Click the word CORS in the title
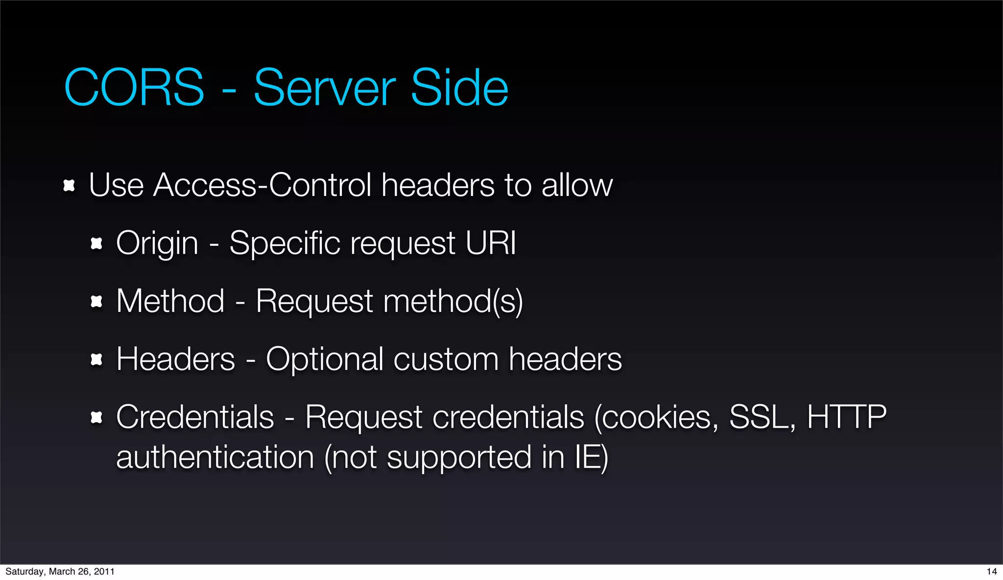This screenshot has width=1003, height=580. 134,88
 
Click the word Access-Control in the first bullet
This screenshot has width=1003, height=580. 263,185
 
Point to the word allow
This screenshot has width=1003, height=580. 577,185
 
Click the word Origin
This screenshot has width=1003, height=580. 157,243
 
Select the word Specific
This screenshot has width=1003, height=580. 285,243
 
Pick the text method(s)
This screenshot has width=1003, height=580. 453,301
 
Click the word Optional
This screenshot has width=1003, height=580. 324,359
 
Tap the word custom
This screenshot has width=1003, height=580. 446,359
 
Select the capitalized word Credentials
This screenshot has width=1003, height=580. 195,417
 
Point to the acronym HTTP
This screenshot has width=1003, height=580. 847,417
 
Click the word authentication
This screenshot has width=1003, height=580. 215,457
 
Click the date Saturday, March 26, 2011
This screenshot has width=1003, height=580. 60,571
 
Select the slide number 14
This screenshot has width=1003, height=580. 991,571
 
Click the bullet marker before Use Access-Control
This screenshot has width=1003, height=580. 69,186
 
